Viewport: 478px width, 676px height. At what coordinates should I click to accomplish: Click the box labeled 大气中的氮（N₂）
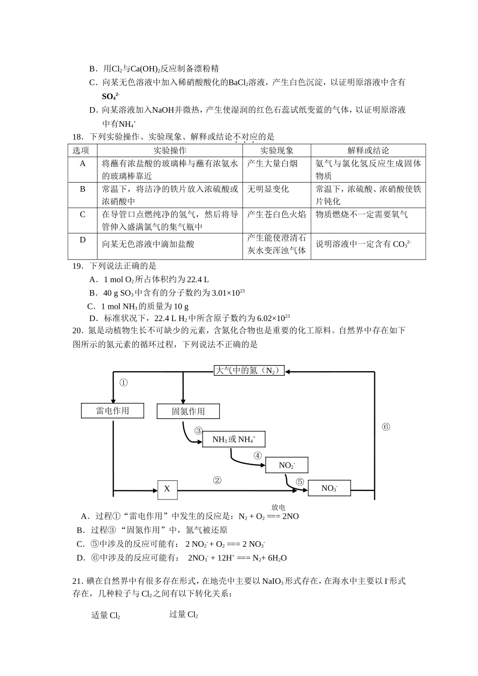[x=249, y=371]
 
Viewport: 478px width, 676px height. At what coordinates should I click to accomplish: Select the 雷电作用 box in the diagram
[x=113, y=411]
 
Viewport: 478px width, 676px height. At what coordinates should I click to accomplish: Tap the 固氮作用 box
[x=188, y=411]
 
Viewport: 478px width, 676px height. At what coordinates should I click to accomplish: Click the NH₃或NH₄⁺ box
[x=233, y=440]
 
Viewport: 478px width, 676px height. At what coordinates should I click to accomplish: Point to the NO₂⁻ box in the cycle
[x=286, y=465]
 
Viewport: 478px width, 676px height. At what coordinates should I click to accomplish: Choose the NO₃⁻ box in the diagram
[x=329, y=488]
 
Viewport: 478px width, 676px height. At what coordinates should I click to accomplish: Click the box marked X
[x=167, y=489]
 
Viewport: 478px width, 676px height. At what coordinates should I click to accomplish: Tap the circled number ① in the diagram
[x=123, y=383]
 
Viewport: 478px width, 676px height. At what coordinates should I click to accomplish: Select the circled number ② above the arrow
[x=217, y=480]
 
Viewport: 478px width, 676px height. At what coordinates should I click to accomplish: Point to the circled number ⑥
[x=386, y=427]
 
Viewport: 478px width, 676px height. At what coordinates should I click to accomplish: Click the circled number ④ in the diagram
[x=258, y=456]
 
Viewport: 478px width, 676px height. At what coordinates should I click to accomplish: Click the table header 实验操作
[x=170, y=150]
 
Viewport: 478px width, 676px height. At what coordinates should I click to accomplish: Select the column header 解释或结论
[x=368, y=150]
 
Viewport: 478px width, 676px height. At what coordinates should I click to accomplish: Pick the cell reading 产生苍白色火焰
[x=276, y=214]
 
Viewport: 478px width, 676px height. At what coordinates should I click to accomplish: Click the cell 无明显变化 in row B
[x=268, y=189]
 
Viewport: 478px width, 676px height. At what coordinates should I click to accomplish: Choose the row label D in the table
[x=83, y=240]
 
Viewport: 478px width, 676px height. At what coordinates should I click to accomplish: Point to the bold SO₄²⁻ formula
[x=110, y=96]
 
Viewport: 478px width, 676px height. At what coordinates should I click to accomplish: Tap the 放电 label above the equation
[x=278, y=508]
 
